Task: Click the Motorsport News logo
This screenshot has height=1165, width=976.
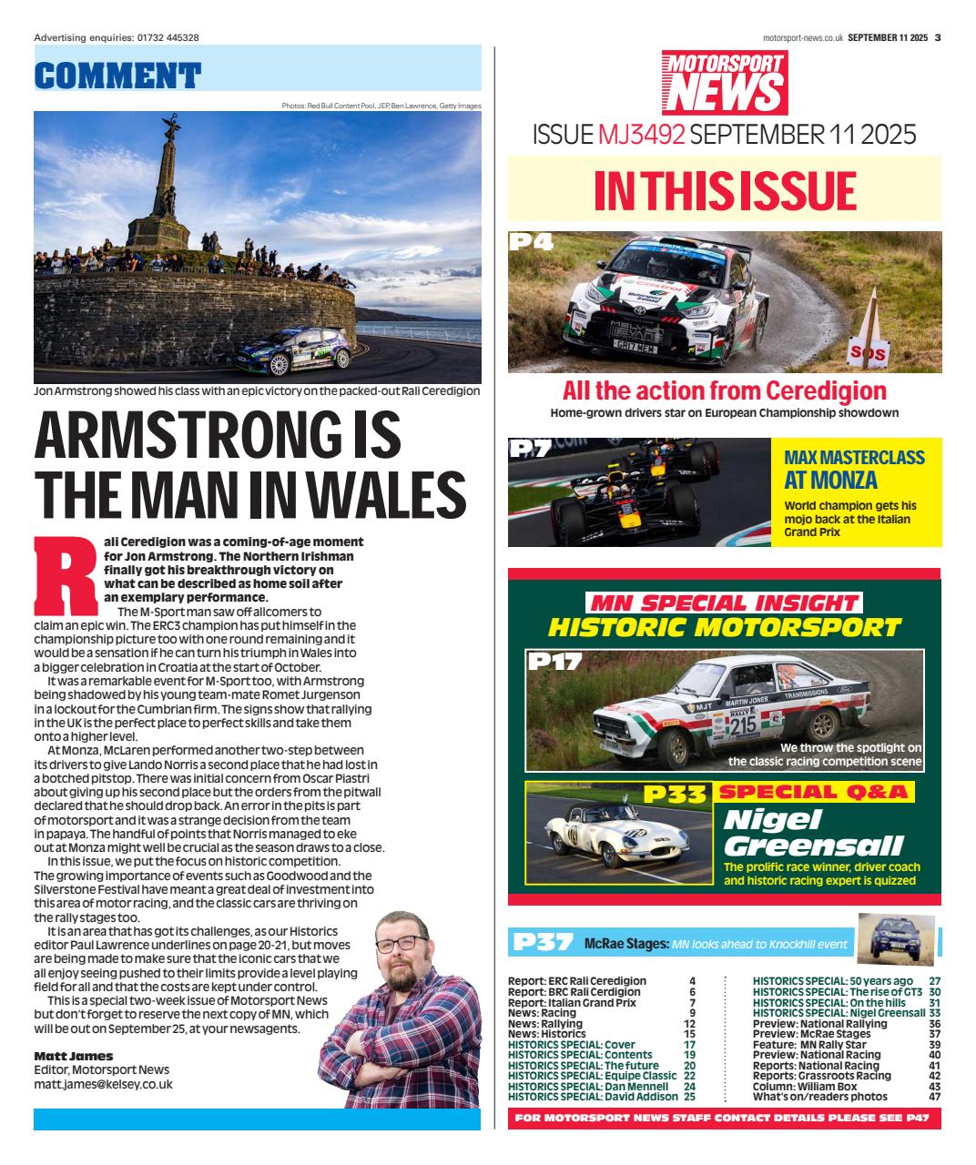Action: [x=724, y=82]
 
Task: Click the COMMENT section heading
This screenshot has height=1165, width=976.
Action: [x=117, y=75]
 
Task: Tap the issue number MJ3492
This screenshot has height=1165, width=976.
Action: [x=641, y=135]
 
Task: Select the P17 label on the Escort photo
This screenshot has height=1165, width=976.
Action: [x=555, y=663]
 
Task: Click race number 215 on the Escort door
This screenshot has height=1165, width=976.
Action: [x=742, y=725]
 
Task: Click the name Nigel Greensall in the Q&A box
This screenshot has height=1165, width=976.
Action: [x=812, y=832]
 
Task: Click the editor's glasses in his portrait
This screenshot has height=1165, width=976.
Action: [x=401, y=943]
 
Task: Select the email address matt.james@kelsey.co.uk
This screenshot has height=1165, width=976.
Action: [x=103, y=1084]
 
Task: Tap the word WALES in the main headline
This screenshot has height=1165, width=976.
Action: [x=382, y=495]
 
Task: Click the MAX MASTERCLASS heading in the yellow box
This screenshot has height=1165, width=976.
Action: [x=854, y=457]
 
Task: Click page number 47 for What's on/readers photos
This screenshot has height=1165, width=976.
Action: [x=934, y=1097]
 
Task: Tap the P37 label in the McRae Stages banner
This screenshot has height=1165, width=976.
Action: [x=543, y=943]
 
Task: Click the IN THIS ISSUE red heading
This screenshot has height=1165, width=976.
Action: [x=725, y=191]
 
